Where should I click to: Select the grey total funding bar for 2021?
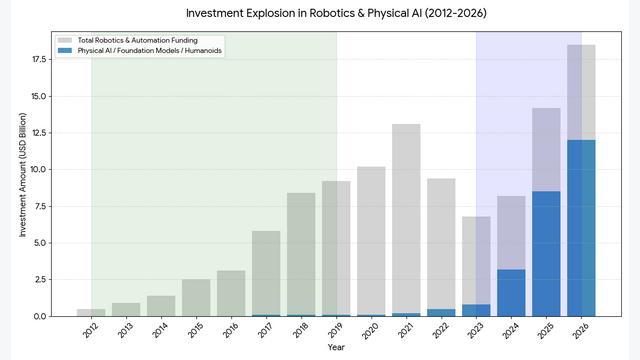point(406,220)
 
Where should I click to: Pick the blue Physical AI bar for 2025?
point(546,254)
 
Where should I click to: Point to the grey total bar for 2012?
point(91,312)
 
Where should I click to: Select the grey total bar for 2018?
point(301,254)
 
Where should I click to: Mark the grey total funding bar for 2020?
point(371,241)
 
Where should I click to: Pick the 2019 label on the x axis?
point(334,331)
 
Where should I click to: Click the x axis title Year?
point(335,349)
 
